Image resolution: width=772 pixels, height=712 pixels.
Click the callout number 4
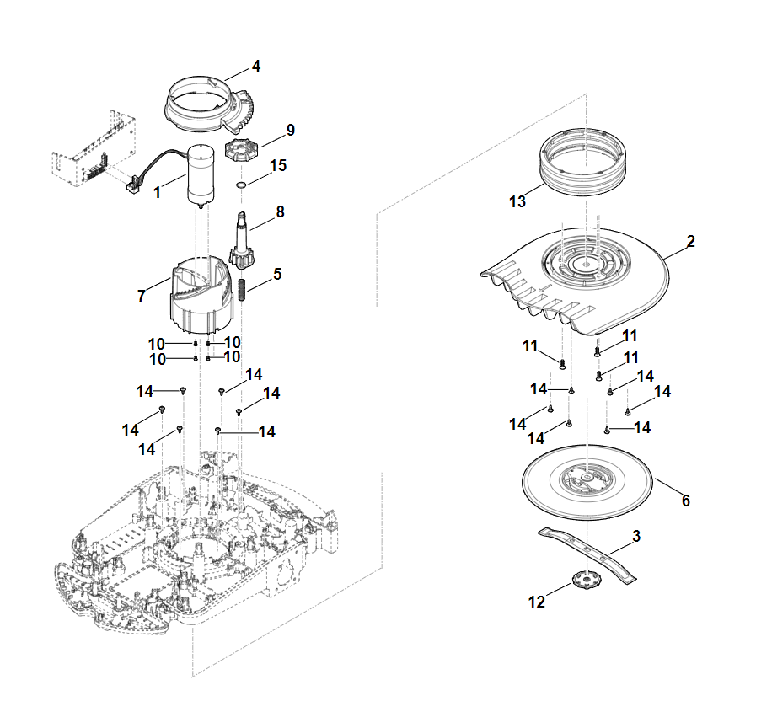pyautogui.click(x=255, y=66)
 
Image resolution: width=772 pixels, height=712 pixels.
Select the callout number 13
pyautogui.click(x=517, y=201)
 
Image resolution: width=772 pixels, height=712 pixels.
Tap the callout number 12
pyautogui.click(x=537, y=602)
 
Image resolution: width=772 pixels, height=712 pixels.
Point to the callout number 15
pyautogui.click(x=278, y=166)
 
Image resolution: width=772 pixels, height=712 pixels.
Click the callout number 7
pyautogui.click(x=142, y=296)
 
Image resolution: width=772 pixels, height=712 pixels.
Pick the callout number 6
pyautogui.click(x=685, y=501)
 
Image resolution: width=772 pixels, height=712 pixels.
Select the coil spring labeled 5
pyautogui.click(x=240, y=291)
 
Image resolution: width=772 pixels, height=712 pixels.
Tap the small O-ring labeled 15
pyautogui.click(x=240, y=185)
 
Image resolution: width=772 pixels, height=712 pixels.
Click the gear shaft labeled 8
pyautogui.click(x=243, y=240)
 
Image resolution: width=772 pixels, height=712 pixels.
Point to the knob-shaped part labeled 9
pyautogui.click(x=241, y=154)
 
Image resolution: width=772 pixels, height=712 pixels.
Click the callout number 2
pyautogui.click(x=690, y=242)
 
